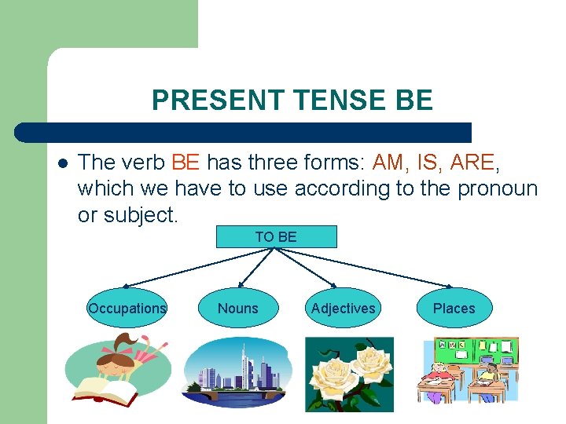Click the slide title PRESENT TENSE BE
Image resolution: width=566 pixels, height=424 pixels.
click(x=292, y=101)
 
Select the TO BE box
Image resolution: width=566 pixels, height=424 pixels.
click(x=276, y=236)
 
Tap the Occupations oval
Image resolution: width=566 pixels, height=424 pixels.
click(x=127, y=309)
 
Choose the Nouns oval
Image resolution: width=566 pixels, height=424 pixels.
click(x=237, y=309)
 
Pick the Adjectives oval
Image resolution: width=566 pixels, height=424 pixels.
click(x=343, y=309)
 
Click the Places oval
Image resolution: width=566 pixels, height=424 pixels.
click(x=454, y=309)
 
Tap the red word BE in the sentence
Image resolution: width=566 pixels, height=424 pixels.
click(x=186, y=163)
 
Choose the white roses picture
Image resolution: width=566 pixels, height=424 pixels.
click(x=349, y=374)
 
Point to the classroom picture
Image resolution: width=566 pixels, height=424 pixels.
click(x=468, y=370)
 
